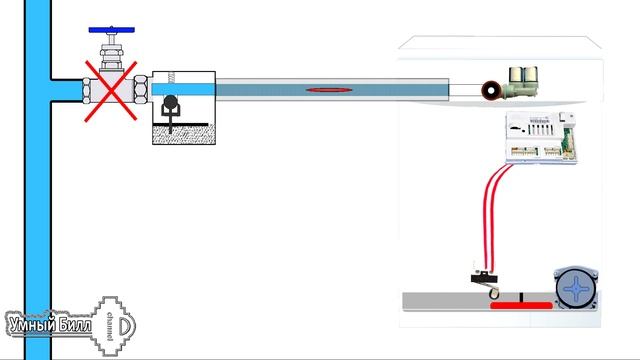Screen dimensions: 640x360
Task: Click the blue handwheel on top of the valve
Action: [x=111, y=30]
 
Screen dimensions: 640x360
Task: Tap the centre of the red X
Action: [x=111, y=91]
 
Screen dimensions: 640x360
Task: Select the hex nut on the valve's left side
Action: [x=86, y=91]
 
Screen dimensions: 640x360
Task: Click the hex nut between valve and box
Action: [x=141, y=89]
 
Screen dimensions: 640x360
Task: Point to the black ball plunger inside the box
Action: [x=170, y=102]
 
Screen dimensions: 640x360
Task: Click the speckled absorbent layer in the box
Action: [x=184, y=135]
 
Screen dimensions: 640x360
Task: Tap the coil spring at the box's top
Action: [x=171, y=77]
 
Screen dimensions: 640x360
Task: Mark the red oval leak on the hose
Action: [x=329, y=90]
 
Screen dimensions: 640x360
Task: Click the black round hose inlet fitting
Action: [x=491, y=91]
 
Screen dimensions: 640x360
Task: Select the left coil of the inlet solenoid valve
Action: [x=516, y=76]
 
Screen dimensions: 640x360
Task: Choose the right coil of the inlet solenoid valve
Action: [x=531, y=75]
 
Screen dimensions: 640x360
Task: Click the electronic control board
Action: [x=541, y=138]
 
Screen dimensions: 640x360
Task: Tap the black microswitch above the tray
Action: [x=484, y=279]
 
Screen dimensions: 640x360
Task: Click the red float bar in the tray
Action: [x=521, y=306]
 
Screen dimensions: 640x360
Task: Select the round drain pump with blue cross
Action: [x=576, y=288]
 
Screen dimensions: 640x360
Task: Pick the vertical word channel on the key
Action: [x=109, y=326]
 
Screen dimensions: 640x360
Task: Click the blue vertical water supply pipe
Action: [x=38, y=180]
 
